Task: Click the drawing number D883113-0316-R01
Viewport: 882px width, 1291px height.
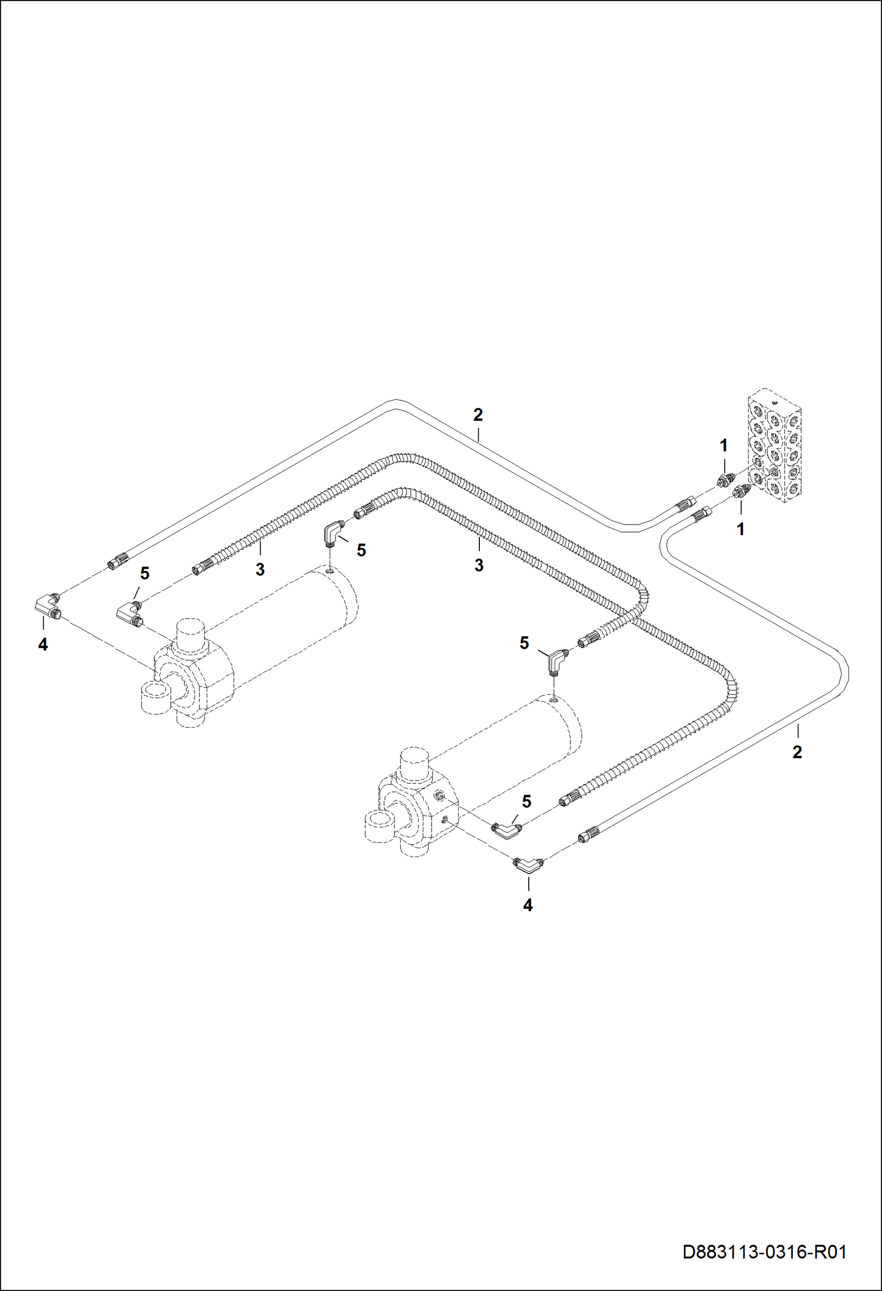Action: pyautogui.click(x=764, y=1251)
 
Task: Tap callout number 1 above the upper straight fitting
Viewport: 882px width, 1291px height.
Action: pyautogui.click(x=724, y=446)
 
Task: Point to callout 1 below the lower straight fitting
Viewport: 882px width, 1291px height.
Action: pyautogui.click(x=741, y=529)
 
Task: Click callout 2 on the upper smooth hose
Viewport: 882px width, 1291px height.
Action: pyautogui.click(x=478, y=414)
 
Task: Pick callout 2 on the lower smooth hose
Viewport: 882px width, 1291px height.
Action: pyautogui.click(x=797, y=752)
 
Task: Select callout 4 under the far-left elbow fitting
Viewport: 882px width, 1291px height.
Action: pyautogui.click(x=43, y=645)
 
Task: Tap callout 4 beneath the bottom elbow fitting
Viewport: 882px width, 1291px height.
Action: pyautogui.click(x=528, y=905)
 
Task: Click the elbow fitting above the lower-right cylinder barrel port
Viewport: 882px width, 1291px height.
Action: pyautogui.click(x=555, y=662)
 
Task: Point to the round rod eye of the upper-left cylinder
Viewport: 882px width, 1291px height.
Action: pyautogui.click(x=155, y=697)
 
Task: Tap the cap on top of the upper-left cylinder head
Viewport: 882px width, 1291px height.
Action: pyautogui.click(x=191, y=633)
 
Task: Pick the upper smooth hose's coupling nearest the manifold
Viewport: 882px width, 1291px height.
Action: pyautogui.click(x=685, y=504)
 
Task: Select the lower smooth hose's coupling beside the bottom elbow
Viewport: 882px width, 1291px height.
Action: pyautogui.click(x=589, y=835)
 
